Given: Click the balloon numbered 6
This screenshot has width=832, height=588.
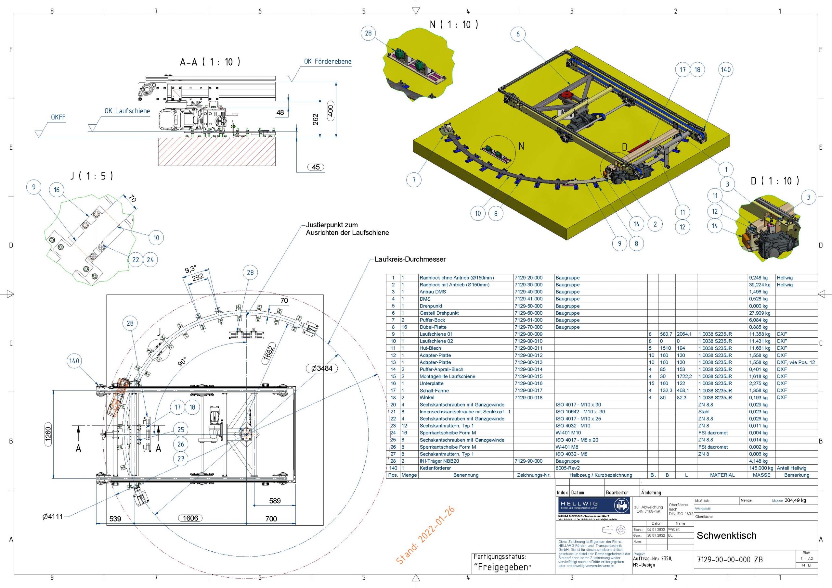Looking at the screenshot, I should (x=518, y=34).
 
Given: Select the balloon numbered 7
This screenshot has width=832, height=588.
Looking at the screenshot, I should (x=414, y=180).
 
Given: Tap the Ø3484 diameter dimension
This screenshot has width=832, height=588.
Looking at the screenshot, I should (x=322, y=369).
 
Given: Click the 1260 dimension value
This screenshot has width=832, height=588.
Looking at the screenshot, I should (x=48, y=434).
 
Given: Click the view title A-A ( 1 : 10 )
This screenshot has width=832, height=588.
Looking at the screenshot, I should (x=210, y=62).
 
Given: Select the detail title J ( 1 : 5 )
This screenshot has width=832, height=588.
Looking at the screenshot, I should (x=92, y=176).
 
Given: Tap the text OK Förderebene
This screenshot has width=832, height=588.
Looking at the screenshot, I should (x=328, y=61).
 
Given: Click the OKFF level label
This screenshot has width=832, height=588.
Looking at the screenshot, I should (x=58, y=117).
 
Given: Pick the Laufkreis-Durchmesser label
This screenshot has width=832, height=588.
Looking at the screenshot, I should (x=410, y=259).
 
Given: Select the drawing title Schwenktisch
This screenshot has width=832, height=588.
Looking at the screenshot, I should (x=726, y=535).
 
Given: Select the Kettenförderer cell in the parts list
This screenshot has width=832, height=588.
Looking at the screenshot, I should (x=435, y=468).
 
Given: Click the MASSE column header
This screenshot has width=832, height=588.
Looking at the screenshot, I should (x=761, y=475).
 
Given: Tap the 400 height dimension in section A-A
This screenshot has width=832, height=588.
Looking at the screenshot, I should (x=331, y=111).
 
